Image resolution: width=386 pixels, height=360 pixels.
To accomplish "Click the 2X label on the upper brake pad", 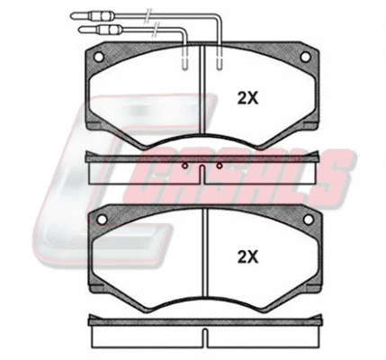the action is coord(247,98).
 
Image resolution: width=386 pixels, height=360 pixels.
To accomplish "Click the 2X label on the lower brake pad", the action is coord(247,256).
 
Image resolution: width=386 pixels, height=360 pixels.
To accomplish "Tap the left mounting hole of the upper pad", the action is coord(98,57).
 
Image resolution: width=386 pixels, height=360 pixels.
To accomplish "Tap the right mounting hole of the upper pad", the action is coord(305,57).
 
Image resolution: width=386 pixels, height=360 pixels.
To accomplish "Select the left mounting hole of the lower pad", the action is coord(102,220).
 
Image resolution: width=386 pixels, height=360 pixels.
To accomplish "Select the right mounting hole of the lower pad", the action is coord(309,220).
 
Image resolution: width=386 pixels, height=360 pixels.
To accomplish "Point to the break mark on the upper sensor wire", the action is coord(148,15).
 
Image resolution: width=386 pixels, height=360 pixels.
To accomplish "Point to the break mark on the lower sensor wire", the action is coord(156,30).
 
